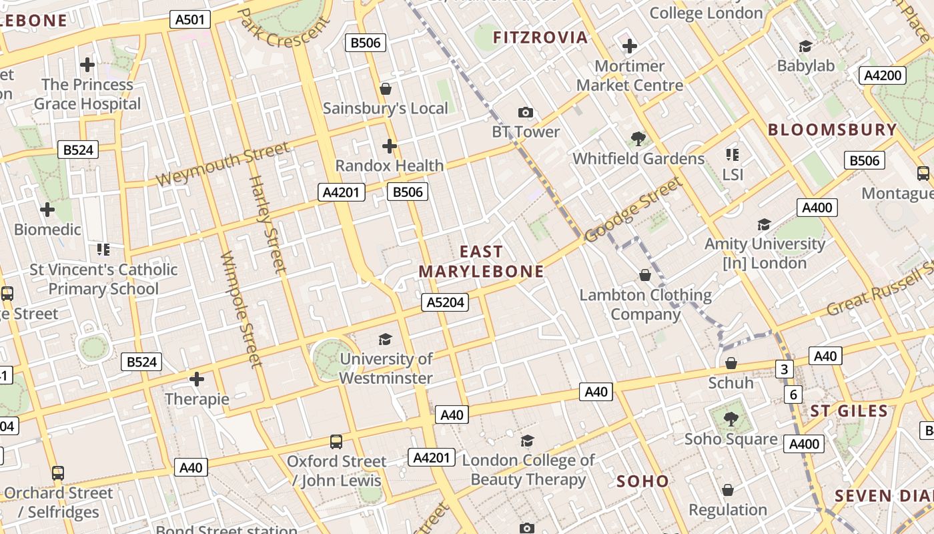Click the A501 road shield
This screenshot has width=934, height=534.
coord(189,20)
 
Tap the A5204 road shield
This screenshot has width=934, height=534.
coord(445,302)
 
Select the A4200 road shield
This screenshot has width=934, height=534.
coord(883,75)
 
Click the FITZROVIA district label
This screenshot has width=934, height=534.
coord(540,37)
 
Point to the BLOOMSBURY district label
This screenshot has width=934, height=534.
coord(832,129)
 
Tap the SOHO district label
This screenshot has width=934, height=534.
coord(642,481)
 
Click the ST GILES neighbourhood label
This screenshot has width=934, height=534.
coord(849,411)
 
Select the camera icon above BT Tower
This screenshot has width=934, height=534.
coord(526,113)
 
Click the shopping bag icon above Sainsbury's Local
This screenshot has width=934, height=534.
coord(385,88)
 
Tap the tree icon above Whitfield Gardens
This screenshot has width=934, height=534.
coord(638,139)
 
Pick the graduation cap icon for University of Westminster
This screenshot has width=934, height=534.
coord(385,340)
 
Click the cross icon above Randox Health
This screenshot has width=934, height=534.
coord(390,146)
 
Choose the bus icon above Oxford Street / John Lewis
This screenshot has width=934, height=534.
coord(336,442)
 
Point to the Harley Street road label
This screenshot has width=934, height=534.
coord(267,224)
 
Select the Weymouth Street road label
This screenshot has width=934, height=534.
coord(223,165)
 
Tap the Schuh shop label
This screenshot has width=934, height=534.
coord(731,383)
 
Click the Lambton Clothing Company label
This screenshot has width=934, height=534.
coord(645,304)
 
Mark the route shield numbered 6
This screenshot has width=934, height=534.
coord(793,394)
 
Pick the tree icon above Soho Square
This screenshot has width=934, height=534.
coord(731,419)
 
